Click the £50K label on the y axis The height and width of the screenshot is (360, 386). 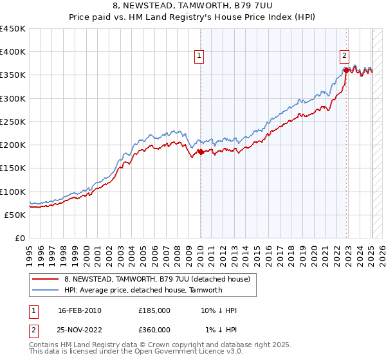[x=15, y=215]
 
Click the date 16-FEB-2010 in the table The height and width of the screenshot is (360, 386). [x=80, y=310]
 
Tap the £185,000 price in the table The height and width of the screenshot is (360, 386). [x=154, y=310]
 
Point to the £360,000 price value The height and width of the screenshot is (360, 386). [x=154, y=330]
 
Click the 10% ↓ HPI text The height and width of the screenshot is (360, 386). [x=219, y=310]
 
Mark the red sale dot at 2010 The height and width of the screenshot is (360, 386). [x=201, y=152]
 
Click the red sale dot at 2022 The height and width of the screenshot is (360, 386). [x=347, y=70]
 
